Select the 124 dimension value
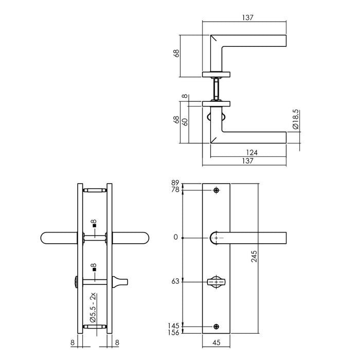251,153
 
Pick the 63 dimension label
175,282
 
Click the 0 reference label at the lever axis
177,238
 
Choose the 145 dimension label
174,326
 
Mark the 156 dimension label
174,333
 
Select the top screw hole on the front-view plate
216,191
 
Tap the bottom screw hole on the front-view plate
216,326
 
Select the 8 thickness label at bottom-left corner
73,340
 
